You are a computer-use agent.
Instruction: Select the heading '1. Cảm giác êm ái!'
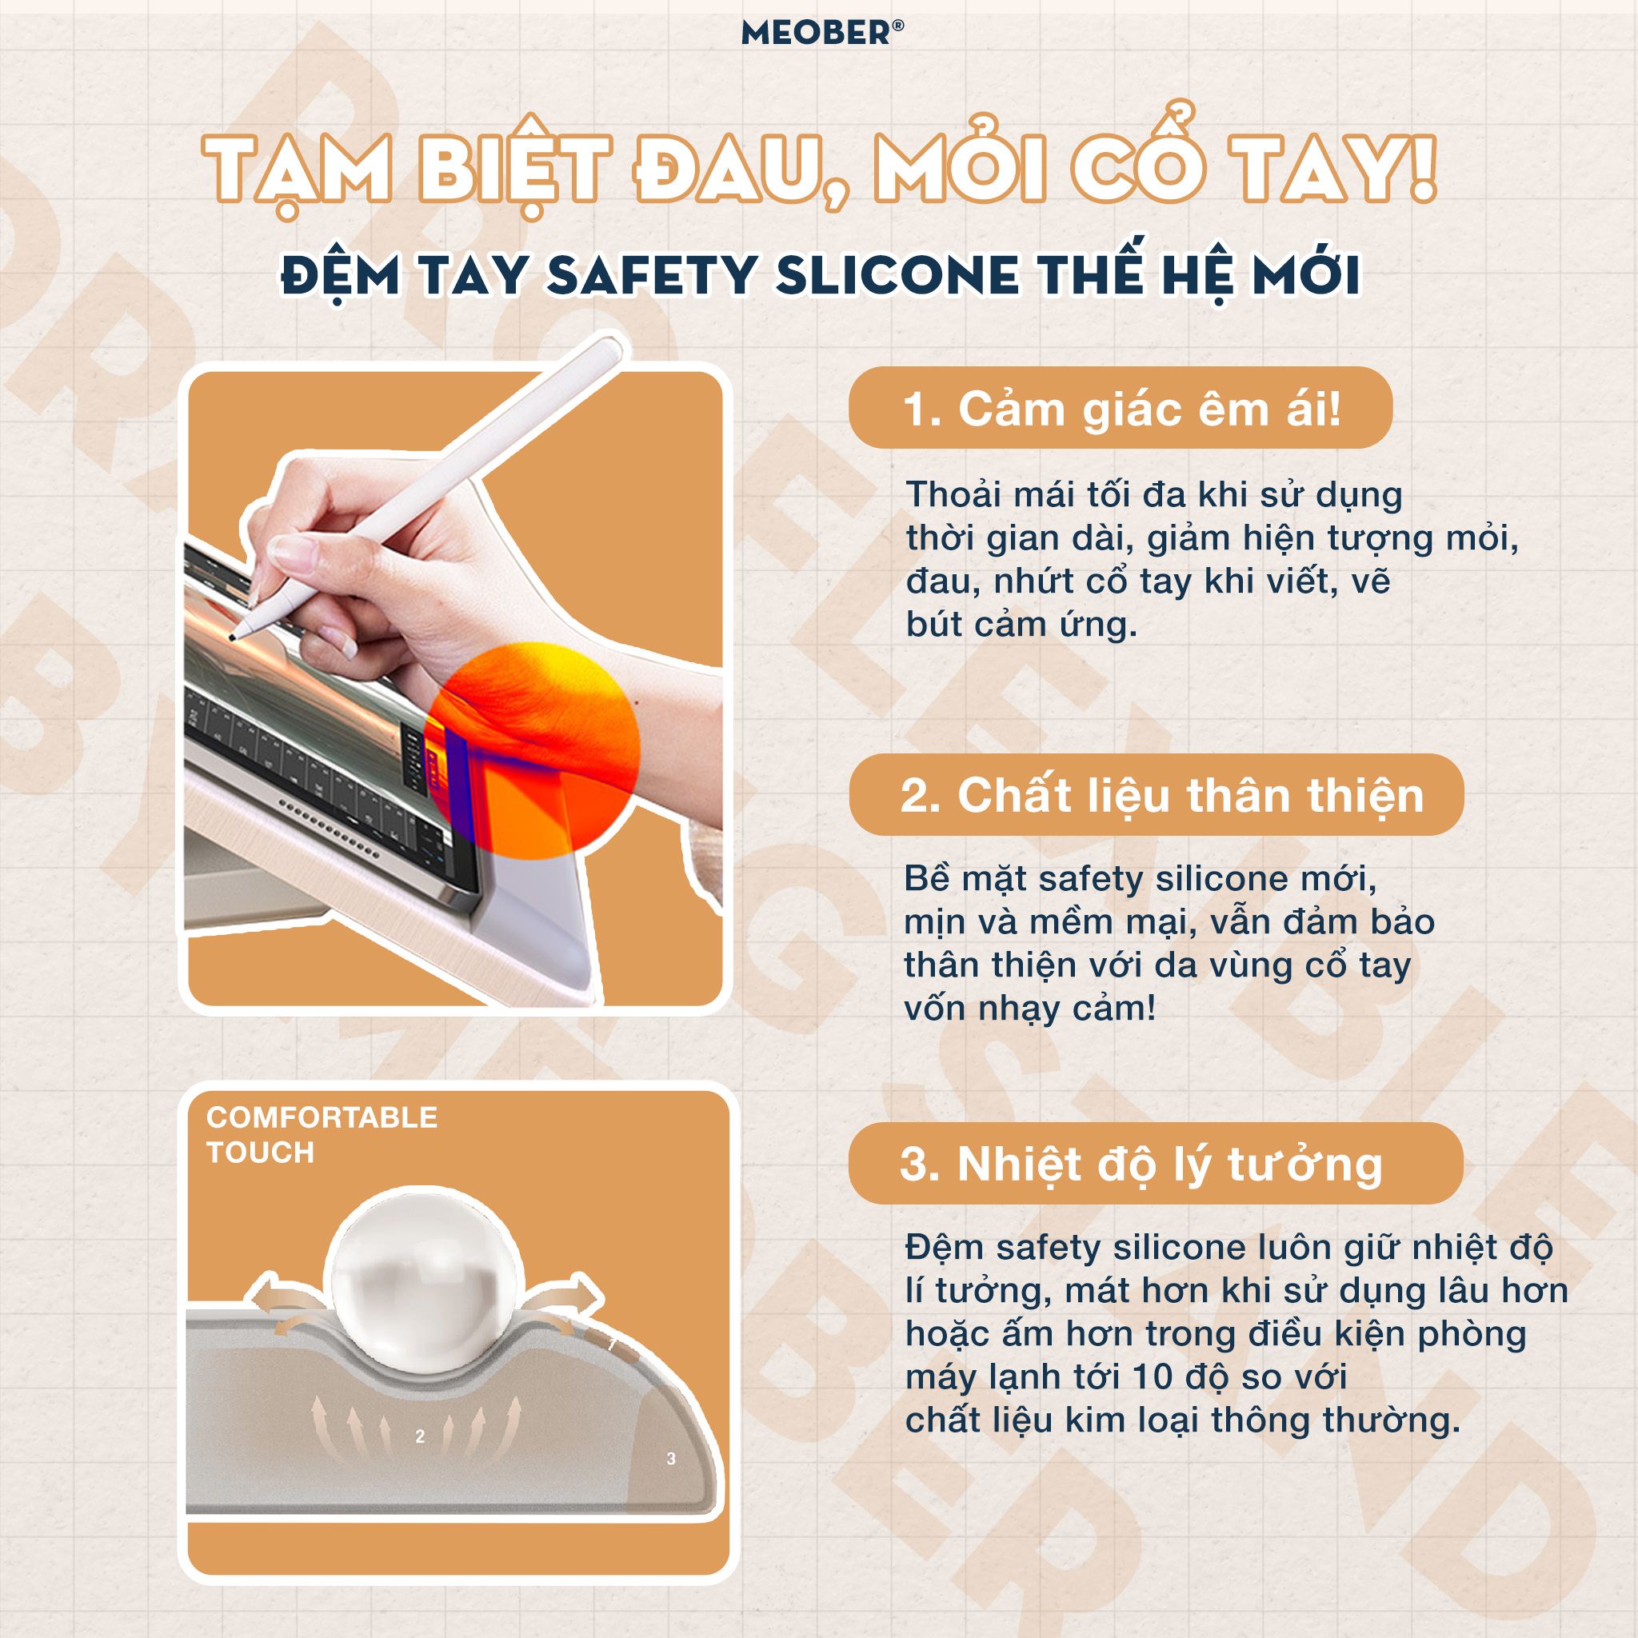point(1121,409)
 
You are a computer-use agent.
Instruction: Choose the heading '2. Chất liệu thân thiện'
point(1157,795)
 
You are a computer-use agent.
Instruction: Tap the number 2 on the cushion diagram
point(420,1436)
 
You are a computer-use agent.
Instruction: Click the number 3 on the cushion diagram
point(670,1458)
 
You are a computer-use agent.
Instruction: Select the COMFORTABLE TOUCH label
point(322,1134)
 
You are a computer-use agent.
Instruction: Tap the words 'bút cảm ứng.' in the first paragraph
point(1021,625)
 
